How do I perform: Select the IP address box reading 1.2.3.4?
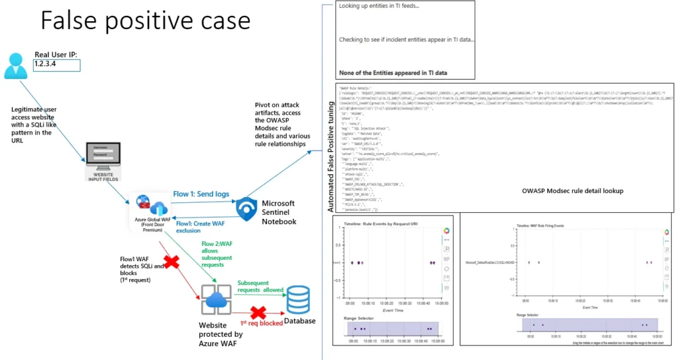click(57, 65)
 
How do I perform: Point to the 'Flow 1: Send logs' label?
click(202, 195)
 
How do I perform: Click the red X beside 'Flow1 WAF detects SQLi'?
click(171, 262)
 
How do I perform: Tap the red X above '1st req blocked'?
click(257, 311)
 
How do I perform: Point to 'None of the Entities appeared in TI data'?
click(397, 72)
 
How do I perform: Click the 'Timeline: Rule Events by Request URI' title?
click(381, 225)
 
